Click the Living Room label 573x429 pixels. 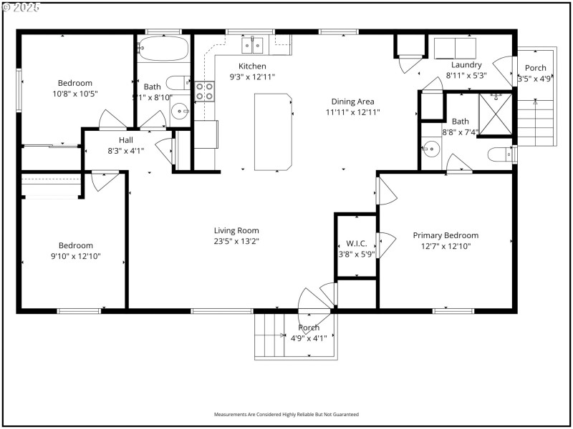coord(236,230)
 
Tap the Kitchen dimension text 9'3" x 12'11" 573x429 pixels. coord(252,77)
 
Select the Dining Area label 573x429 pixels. coord(352,102)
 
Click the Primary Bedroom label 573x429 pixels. coord(446,235)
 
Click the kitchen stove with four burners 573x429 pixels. coord(204,91)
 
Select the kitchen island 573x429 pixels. coord(273,132)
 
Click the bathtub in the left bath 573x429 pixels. coord(163,49)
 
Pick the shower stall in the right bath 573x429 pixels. coord(495,114)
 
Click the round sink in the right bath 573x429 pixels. coord(430,149)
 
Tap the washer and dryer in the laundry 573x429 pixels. coord(455,49)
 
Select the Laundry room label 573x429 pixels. coord(466,65)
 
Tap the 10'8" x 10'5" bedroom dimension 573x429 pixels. coord(75,94)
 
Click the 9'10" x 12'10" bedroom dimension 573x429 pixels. coord(75,256)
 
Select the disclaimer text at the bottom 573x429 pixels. coord(286,414)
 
